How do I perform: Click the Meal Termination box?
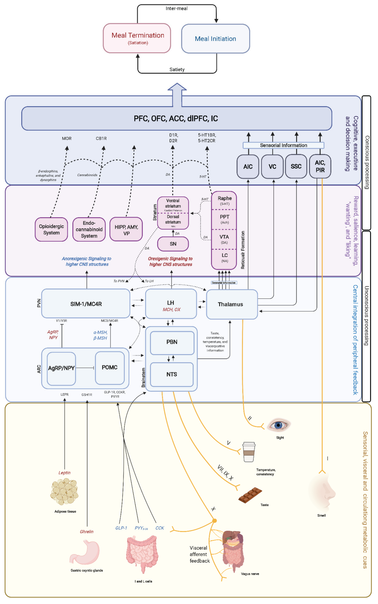(137, 38)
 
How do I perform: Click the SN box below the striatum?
(173, 244)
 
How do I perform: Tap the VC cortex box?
(272, 167)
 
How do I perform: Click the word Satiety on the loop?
(177, 70)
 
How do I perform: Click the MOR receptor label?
(67, 139)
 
